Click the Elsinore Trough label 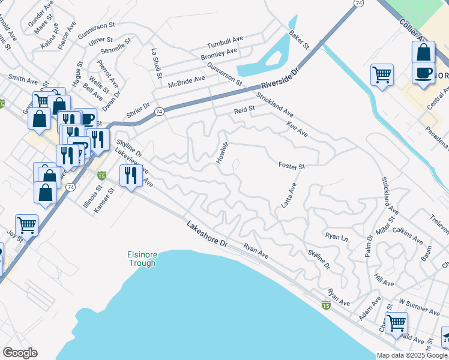142,259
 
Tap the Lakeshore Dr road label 208,235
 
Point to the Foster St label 292,166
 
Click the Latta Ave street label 289,196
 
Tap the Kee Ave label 297,128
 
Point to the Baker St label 298,40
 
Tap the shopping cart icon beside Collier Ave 382,75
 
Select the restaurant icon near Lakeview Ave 130,175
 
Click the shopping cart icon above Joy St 26,226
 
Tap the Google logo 20,353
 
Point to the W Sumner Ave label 419,306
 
